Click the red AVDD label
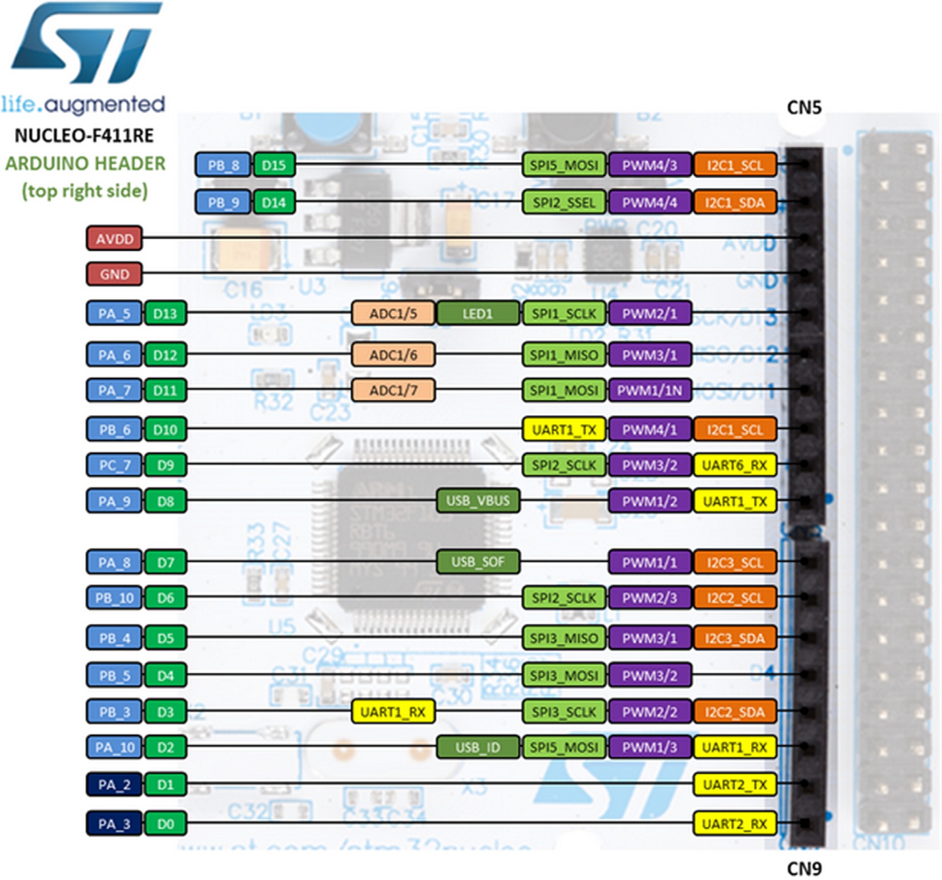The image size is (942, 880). click(114, 239)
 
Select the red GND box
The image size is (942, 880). click(114, 274)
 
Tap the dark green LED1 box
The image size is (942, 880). click(478, 314)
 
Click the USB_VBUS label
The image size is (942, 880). click(478, 501)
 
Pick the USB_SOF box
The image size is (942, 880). click(478, 562)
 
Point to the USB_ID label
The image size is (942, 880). click(478, 747)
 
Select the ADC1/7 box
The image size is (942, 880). click(393, 391)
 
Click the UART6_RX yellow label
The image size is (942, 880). click(735, 465)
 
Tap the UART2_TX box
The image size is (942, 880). click(735, 785)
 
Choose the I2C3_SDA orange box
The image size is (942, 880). click(735, 638)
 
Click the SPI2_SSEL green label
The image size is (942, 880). click(563, 202)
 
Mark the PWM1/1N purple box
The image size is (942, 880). click(650, 391)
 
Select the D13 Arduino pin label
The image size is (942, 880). click(165, 314)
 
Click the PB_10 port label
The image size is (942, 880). click(114, 598)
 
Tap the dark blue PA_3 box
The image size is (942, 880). click(114, 824)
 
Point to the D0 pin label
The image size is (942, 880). click(165, 824)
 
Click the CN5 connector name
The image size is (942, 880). click(804, 107)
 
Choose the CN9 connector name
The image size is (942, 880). click(804, 869)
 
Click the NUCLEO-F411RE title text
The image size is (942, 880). click(84, 135)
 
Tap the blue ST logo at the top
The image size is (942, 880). click(86, 43)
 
